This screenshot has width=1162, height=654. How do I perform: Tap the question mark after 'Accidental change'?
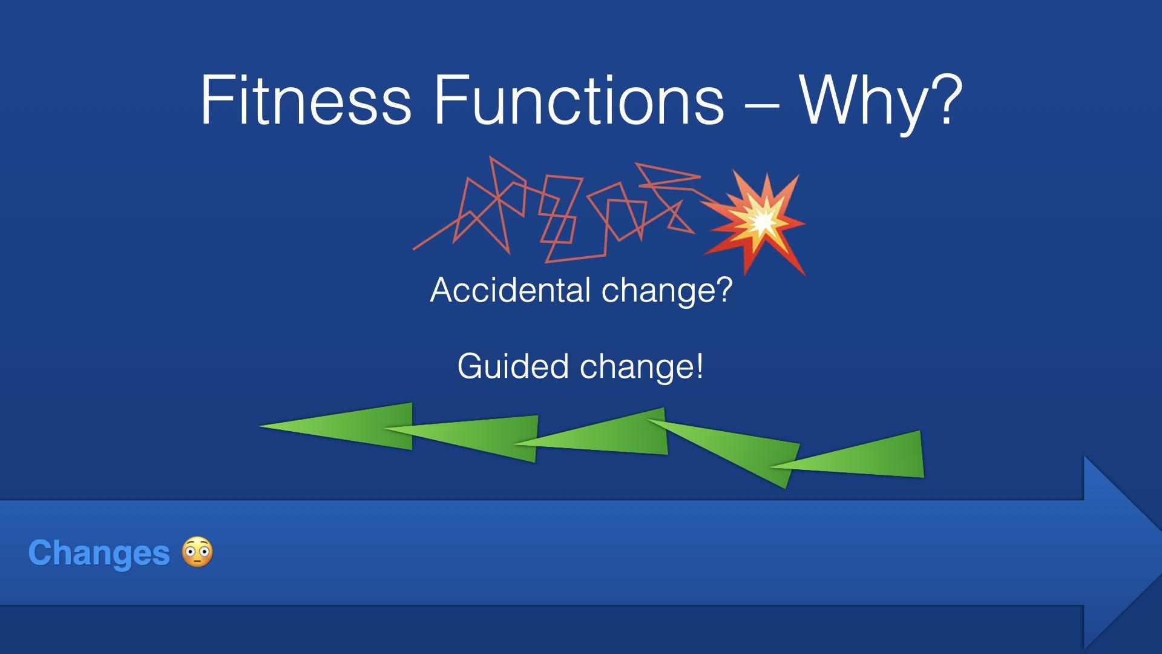click(x=724, y=289)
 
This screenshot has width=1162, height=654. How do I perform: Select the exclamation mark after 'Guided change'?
click(x=700, y=366)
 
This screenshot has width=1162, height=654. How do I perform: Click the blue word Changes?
click(x=99, y=553)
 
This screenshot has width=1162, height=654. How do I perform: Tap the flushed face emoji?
click(x=198, y=552)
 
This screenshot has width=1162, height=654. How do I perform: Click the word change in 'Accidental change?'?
click(x=655, y=291)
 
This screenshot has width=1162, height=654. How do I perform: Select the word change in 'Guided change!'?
click(x=635, y=368)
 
